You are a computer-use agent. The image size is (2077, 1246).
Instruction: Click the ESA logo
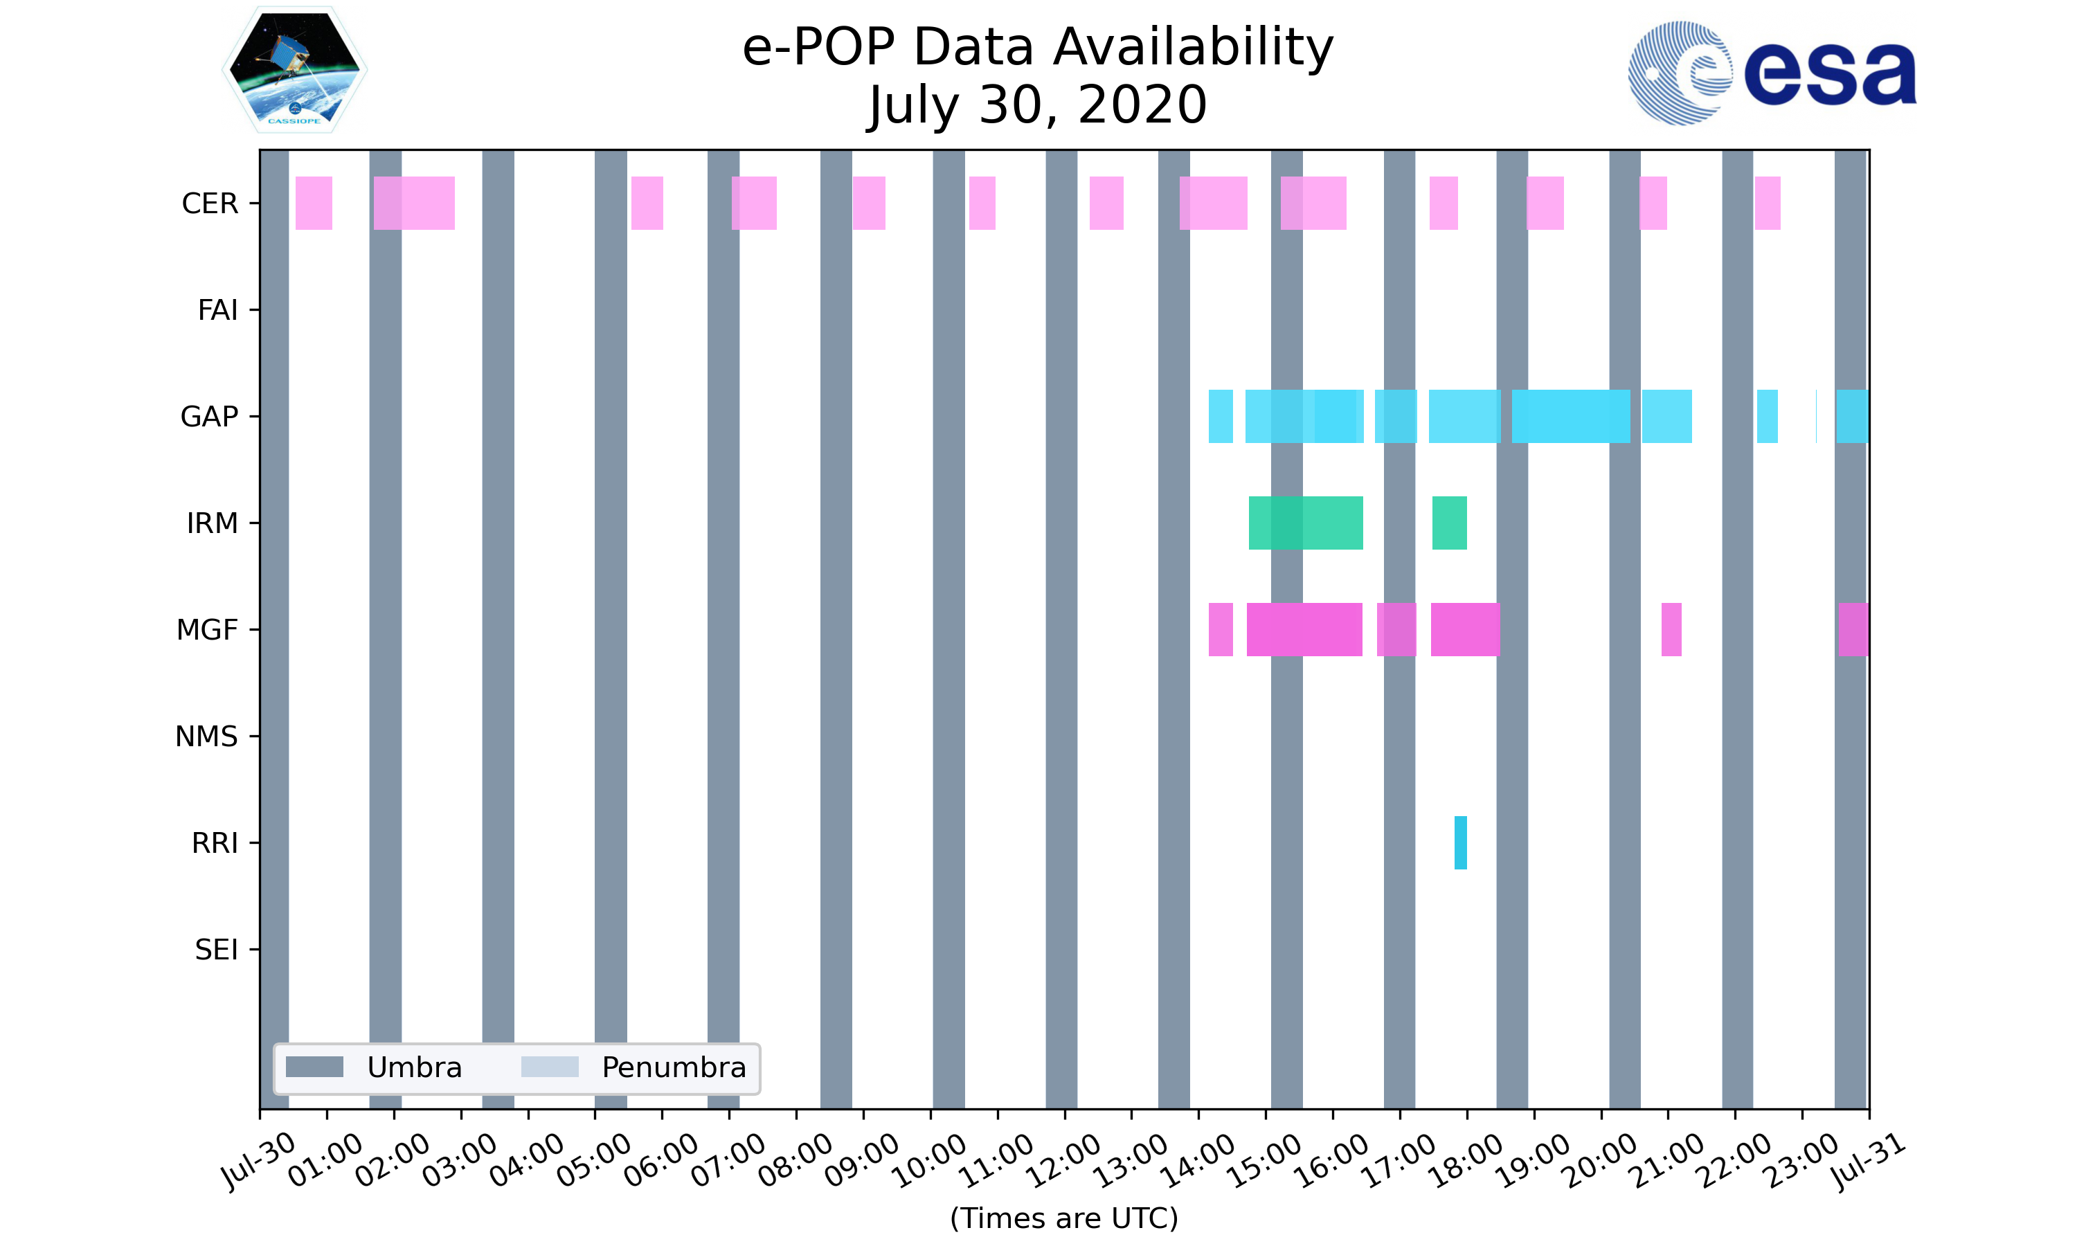[1772, 73]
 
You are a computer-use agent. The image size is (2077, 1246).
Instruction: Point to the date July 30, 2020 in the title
[1038, 105]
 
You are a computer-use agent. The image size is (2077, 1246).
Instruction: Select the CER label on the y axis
[210, 204]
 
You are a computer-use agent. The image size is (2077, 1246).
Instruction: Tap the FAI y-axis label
[217, 311]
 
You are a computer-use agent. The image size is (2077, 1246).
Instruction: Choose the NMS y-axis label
[206, 737]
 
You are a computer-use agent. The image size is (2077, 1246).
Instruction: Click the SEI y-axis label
[217, 950]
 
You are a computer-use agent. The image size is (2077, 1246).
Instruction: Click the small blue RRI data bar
[1460, 842]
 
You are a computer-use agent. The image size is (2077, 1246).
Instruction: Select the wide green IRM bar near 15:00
[1306, 523]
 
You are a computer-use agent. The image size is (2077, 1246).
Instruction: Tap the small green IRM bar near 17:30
[1449, 523]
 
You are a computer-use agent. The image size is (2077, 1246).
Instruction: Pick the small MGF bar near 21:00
[1671, 630]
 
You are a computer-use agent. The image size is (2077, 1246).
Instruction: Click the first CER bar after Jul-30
[314, 204]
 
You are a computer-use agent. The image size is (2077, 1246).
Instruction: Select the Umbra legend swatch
[315, 1067]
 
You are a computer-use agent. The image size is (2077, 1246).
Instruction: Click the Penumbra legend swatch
[550, 1067]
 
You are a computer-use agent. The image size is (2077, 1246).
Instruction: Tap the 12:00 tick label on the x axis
[1063, 1160]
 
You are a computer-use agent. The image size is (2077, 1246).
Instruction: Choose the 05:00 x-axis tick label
[593, 1160]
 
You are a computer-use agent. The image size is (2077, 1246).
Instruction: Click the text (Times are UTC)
[1063, 1218]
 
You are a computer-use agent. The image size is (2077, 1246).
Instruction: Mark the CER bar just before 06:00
[647, 204]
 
